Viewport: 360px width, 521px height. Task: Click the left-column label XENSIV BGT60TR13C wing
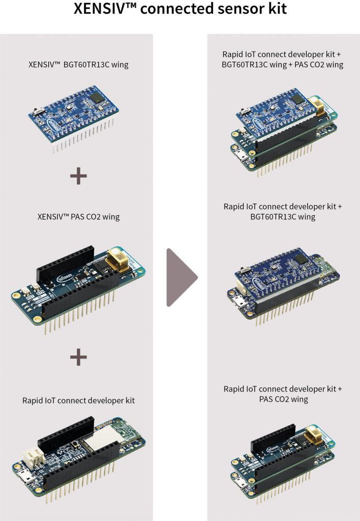pyautogui.click(x=78, y=65)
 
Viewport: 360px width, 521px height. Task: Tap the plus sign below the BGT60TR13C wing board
pyautogui.click(x=78, y=176)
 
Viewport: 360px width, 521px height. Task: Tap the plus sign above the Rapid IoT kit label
pyautogui.click(x=78, y=357)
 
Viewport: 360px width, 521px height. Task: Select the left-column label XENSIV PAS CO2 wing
pyautogui.click(x=78, y=217)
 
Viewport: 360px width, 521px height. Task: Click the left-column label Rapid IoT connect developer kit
pyautogui.click(x=78, y=400)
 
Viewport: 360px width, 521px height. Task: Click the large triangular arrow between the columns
pyautogui.click(x=181, y=277)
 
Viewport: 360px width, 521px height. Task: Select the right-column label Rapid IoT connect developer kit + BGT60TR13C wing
pyautogui.click(x=283, y=212)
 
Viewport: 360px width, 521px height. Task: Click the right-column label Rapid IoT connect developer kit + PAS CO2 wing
pyautogui.click(x=283, y=394)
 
